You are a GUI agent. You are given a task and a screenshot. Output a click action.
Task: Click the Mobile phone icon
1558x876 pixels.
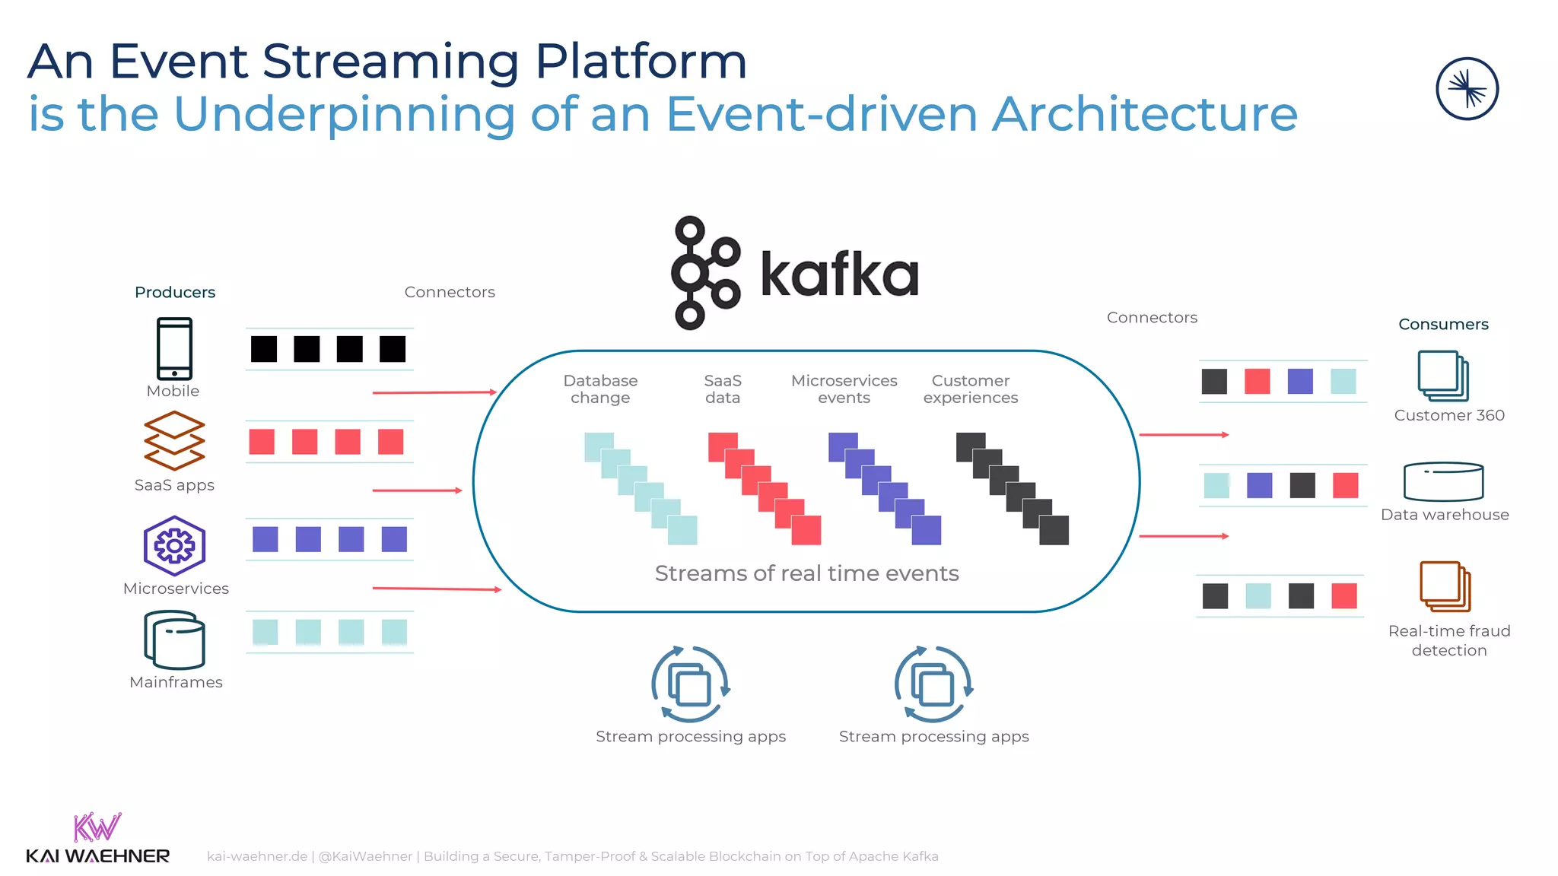[174, 348]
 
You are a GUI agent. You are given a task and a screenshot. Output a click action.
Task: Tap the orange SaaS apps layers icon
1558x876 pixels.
[174, 440]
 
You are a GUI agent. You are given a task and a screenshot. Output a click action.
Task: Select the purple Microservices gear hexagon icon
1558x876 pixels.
[174, 545]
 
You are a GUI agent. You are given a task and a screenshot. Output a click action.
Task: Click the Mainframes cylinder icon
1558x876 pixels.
[174, 640]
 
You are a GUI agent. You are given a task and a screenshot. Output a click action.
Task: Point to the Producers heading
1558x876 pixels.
[175, 293]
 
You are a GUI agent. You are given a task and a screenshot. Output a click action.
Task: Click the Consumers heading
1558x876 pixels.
[1443, 325]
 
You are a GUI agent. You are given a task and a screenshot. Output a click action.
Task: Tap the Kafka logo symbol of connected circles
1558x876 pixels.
[704, 273]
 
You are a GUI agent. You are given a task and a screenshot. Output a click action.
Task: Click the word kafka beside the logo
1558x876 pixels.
[839, 275]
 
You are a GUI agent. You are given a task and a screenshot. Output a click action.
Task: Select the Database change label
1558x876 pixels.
[600, 389]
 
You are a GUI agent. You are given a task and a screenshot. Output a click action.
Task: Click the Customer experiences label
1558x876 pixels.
[970, 389]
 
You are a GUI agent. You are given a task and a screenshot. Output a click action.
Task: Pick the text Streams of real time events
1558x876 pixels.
[806, 573]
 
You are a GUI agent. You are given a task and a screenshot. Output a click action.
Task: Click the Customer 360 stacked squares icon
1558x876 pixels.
[1442, 376]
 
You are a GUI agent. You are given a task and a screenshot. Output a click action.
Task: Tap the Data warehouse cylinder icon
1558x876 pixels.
[1443, 481]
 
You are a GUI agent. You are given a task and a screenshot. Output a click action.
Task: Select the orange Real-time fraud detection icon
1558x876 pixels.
[1445, 586]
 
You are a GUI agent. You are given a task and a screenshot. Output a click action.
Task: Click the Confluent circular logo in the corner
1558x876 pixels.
[1467, 89]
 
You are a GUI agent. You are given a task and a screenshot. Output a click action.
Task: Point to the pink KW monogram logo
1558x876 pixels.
[97, 827]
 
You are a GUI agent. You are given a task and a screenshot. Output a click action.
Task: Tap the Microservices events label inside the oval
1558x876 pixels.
[844, 389]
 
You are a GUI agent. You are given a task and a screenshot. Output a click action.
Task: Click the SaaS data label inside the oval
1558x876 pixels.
[722, 389]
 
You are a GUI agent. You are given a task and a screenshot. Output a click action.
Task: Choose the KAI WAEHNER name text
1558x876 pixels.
[97, 856]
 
